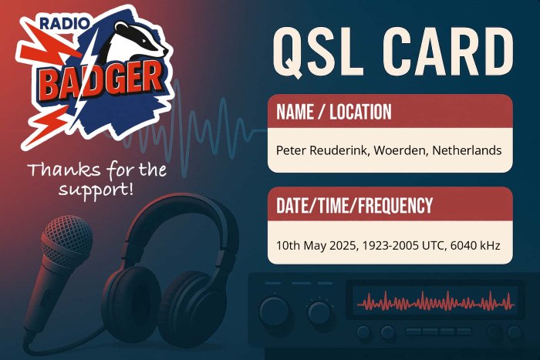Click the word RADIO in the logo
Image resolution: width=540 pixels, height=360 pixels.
click(65, 23)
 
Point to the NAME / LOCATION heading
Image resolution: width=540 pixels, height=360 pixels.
click(334, 112)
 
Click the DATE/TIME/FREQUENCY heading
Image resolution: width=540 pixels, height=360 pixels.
click(354, 205)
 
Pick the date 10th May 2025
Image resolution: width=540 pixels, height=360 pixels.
click(318, 246)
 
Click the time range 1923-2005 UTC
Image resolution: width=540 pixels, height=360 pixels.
click(405, 246)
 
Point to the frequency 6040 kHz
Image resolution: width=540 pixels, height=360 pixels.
click(475, 246)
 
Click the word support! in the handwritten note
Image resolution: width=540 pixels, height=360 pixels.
click(96, 190)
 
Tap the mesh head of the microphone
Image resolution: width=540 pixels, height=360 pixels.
click(68, 238)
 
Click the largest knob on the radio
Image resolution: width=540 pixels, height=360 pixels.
click(275, 311)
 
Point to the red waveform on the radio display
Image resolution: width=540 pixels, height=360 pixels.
click(435, 303)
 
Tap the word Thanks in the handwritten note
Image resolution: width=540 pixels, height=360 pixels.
click(64, 170)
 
